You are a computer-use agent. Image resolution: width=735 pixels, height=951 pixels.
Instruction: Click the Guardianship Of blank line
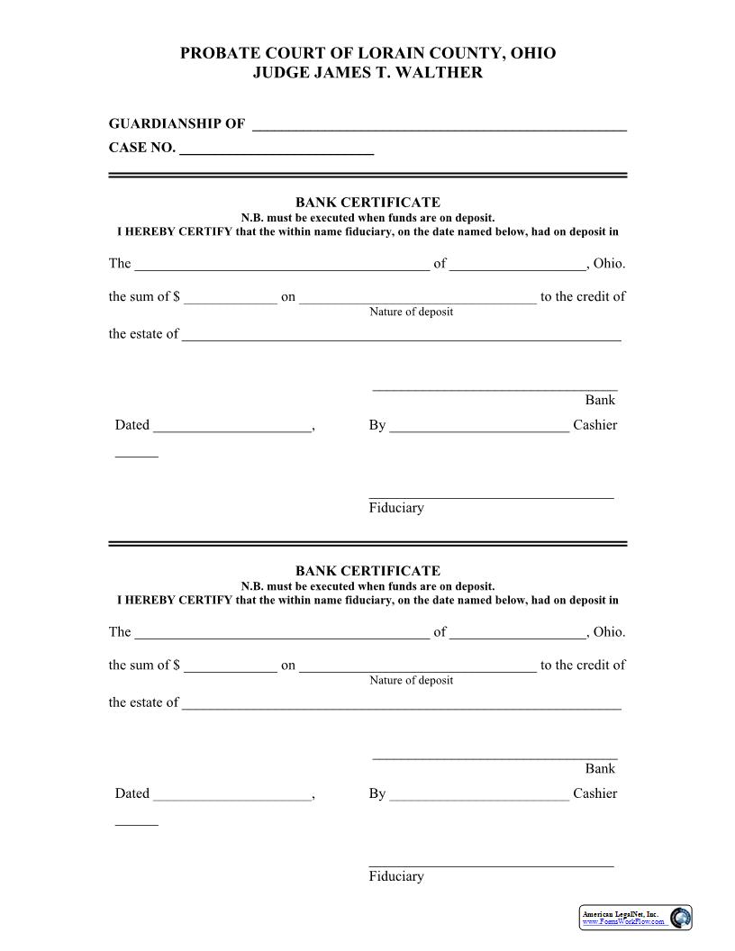pyautogui.click(x=439, y=126)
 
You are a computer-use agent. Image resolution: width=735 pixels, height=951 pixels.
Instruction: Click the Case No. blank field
pyautogui.click(x=277, y=149)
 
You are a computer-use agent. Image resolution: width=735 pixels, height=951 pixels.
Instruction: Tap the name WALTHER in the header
pyautogui.click(x=444, y=73)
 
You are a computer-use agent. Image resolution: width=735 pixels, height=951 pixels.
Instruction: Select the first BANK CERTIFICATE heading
pyautogui.click(x=367, y=203)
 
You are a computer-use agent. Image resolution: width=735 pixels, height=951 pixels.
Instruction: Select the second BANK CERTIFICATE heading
pyautogui.click(x=367, y=571)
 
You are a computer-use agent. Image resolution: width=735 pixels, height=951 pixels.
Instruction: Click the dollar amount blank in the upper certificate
pyautogui.click(x=231, y=298)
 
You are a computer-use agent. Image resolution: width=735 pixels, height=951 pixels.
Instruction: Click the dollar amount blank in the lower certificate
pyautogui.click(x=231, y=666)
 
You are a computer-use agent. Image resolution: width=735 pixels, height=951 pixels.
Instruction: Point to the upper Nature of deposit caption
pyautogui.click(x=411, y=312)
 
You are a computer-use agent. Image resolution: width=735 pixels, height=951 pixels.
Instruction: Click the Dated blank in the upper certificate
pyautogui.click(x=231, y=427)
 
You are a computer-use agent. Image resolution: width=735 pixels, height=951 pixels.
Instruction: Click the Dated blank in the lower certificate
pyautogui.click(x=231, y=795)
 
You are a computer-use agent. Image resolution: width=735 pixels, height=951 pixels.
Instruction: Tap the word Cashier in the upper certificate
pyautogui.click(x=594, y=425)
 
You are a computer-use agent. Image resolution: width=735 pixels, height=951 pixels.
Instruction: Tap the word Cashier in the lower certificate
pyautogui.click(x=594, y=793)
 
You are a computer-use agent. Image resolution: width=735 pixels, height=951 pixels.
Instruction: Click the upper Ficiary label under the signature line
pyautogui.click(x=395, y=508)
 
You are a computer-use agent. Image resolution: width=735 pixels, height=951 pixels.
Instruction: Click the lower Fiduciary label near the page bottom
pyautogui.click(x=395, y=876)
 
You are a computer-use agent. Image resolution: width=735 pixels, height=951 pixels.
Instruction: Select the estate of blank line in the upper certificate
pyautogui.click(x=401, y=335)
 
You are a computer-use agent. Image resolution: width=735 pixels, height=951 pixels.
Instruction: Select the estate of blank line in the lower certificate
pyautogui.click(x=401, y=704)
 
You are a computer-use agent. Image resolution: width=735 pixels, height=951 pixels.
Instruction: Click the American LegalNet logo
pyautogui.click(x=634, y=918)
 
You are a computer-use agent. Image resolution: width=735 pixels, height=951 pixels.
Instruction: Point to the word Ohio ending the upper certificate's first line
pyautogui.click(x=609, y=264)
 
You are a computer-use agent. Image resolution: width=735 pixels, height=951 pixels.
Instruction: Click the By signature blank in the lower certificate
pyautogui.click(x=479, y=795)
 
